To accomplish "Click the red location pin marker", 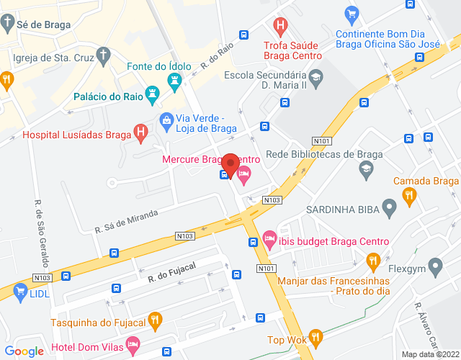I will coord(229,163).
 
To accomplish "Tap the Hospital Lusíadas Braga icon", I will coord(141,133).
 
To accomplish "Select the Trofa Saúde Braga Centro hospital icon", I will coord(281,27).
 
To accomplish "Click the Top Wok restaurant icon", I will coord(315,336).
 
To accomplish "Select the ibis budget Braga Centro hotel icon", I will coord(269,238).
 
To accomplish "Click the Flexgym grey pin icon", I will coord(435,268).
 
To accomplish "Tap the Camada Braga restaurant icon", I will coord(409,194).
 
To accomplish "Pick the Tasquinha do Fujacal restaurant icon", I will coord(154,319).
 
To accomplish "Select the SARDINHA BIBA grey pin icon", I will coord(390,210).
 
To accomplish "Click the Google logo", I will coord(24,351).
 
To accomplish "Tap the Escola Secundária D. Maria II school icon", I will coord(315,75).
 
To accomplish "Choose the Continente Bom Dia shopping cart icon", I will coord(352,13).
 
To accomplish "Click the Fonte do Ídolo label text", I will coord(161,67).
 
